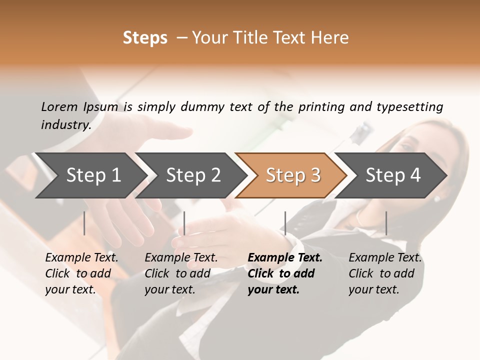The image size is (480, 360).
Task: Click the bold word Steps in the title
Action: point(145,38)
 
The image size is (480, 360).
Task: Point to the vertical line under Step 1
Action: point(84,223)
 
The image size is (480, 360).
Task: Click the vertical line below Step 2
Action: point(184,223)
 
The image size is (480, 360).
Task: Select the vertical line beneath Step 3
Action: point(285,223)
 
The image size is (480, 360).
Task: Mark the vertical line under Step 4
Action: point(386,223)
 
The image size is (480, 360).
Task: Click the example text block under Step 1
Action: point(81,273)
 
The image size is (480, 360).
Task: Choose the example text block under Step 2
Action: point(180,273)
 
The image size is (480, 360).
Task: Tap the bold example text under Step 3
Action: point(284,273)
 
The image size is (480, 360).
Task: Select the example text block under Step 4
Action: point(384,273)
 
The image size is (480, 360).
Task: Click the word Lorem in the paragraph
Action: point(59,106)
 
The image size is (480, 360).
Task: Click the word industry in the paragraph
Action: point(66,124)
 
